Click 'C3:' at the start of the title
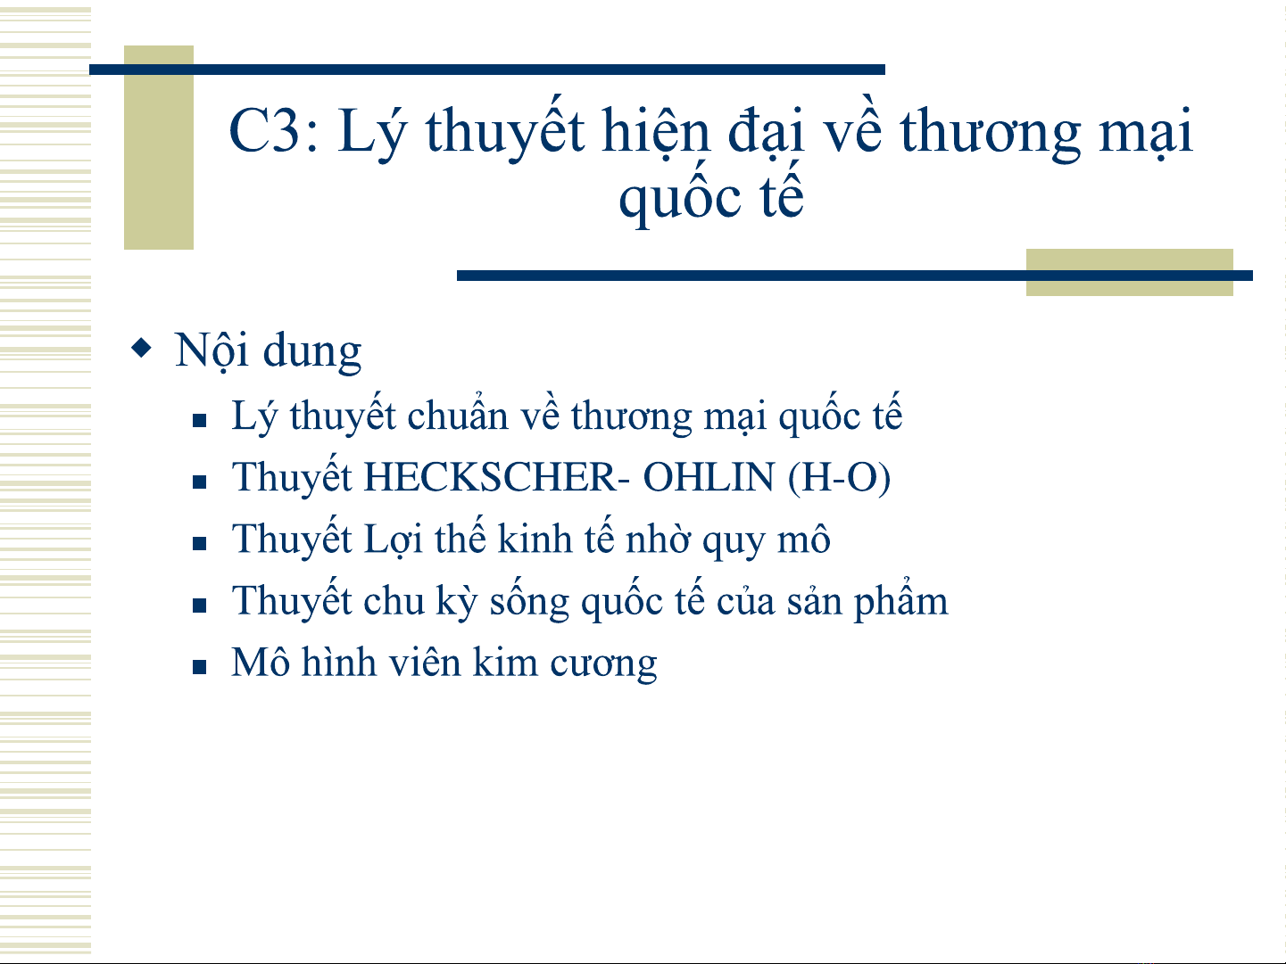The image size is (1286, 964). coord(273,130)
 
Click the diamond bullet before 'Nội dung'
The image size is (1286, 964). coord(141,348)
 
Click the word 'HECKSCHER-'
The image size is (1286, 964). coord(497,478)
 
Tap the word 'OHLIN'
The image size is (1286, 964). coord(709,478)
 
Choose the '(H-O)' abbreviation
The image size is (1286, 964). coord(839,479)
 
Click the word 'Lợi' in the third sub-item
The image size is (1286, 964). coord(394,540)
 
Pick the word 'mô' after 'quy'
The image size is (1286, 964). coord(804,539)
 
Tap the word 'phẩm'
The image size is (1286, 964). coord(900,600)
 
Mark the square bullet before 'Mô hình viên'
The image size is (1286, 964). coord(199,667)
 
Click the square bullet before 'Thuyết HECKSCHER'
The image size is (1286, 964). coord(199,482)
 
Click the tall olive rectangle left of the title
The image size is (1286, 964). coord(159,147)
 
